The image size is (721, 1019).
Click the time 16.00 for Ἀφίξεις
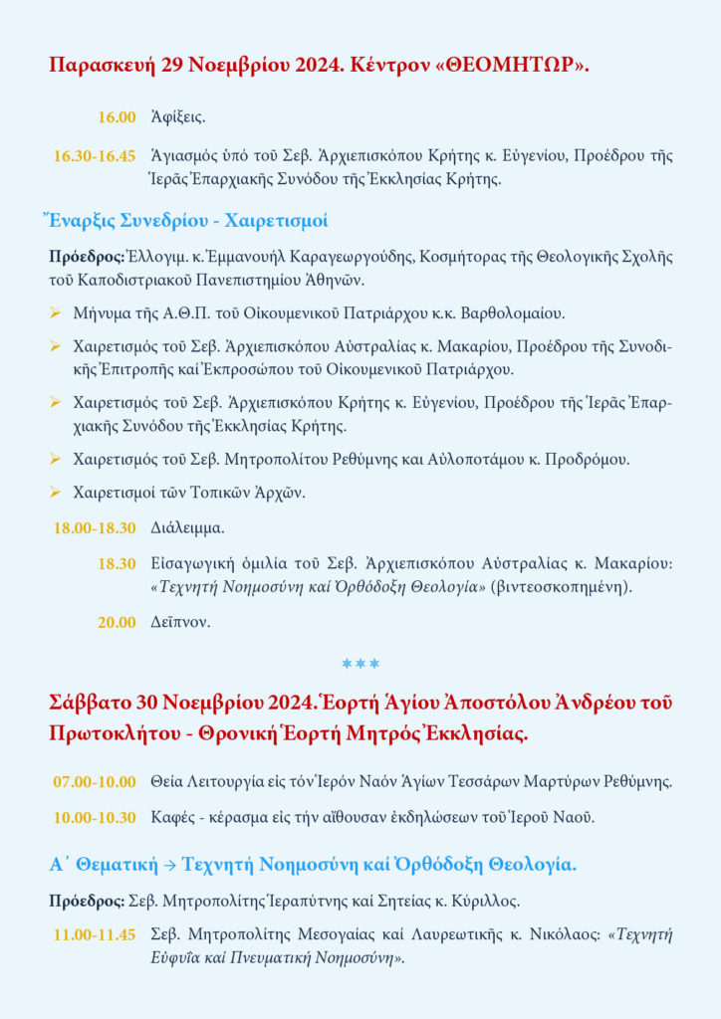point(117,117)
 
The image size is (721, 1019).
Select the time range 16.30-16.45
point(95,156)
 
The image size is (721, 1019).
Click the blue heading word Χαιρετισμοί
point(277,220)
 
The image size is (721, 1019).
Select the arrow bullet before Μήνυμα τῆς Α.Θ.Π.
point(56,313)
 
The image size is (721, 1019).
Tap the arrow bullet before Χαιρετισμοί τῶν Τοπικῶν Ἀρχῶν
point(56,492)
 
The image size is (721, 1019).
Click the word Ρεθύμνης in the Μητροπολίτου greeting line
point(400,460)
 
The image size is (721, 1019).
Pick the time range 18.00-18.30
point(95,527)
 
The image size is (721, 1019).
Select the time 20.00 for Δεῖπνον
point(117,623)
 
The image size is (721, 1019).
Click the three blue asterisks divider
point(360,663)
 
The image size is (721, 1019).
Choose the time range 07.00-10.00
point(95,781)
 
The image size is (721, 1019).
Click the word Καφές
point(172,818)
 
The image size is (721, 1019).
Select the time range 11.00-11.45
point(95,935)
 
